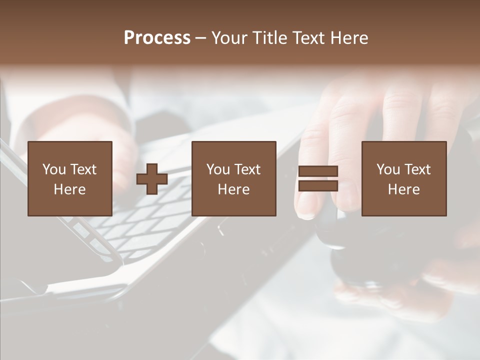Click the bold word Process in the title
point(157,38)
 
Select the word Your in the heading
point(229,38)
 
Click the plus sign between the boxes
point(152,179)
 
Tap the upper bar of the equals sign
point(318,171)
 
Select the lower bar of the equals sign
point(318,186)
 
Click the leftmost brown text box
point(69,178)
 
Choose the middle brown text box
point(233,178)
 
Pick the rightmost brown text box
point(403,178)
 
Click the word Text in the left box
point(83,169)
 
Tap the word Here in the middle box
point(233,189)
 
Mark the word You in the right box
point(388,169)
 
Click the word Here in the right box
point(403,189)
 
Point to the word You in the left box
point(54,169)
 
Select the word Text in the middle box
point(247,169)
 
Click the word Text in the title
point(308,38)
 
